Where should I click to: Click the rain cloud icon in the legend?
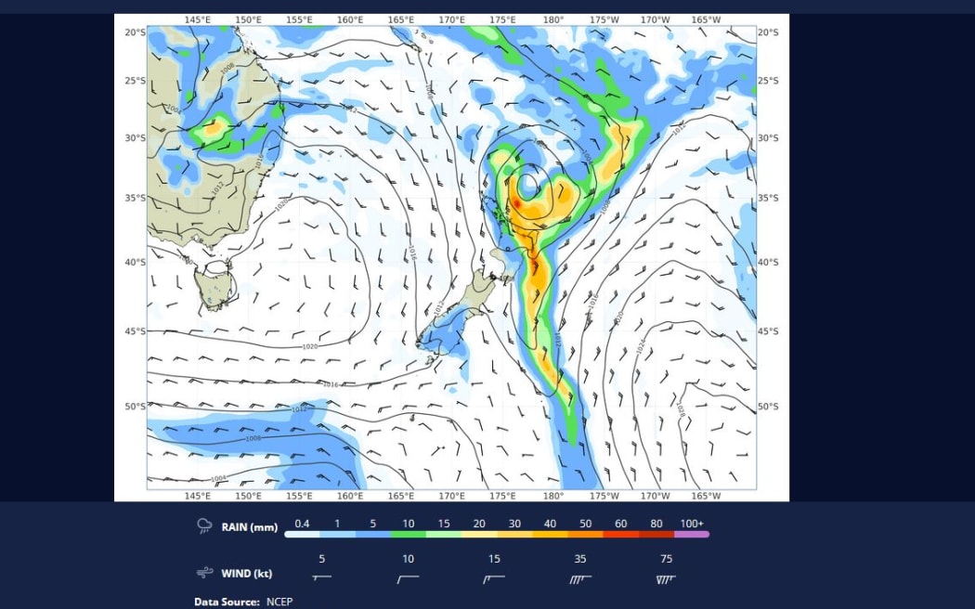click(204, 526)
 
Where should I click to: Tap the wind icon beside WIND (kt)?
click(204, 573)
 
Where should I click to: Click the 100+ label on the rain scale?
click(692, 524)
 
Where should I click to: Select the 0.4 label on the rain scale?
click(302, 524)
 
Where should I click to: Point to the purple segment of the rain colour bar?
click(693, 535)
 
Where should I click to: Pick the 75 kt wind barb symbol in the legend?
click(666, 578)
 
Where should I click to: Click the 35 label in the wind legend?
click(580, 559)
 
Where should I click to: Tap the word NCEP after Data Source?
click(279, 602)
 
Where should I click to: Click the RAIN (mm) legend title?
click(249, 527)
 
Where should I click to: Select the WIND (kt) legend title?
click(247, 573)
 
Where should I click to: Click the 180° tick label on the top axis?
click(553, 19)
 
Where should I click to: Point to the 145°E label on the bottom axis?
click(197, 496)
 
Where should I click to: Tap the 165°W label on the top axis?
click(706, 19)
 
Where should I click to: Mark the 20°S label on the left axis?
click(135, 32)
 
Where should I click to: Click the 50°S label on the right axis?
click(768, 407)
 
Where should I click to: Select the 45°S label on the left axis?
click(135, 331)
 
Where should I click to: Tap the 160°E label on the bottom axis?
click(350, 496)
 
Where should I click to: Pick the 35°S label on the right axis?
click(768, 198)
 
